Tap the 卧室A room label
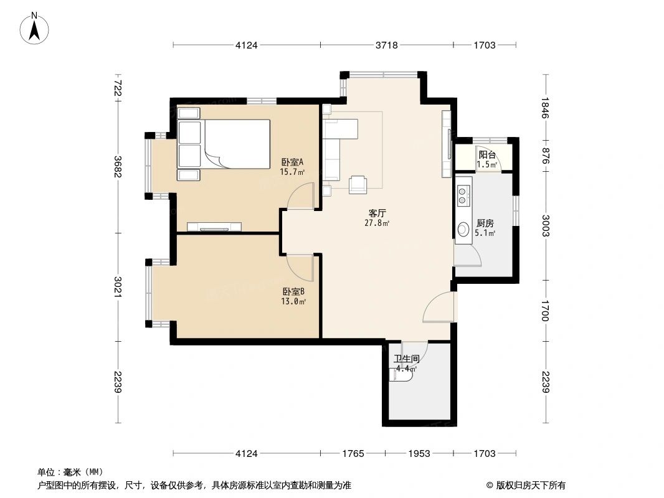coord(293,162)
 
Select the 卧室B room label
coord(293,291)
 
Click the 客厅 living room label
coord(377,214)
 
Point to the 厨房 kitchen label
coord(485,223)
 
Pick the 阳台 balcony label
coord(486,155)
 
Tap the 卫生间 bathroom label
coord(407,359)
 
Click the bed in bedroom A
coord(224,144)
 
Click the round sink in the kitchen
coord(463,229)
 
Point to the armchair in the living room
coord(358,184)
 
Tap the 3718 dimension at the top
coord(387,45)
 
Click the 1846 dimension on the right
coord(545,108)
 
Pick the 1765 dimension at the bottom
coord(353,454)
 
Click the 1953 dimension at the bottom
coord(419,454)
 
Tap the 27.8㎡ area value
coord(377,223)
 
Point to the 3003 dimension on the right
coord(545,226)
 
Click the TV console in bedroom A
coord(214,227)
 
